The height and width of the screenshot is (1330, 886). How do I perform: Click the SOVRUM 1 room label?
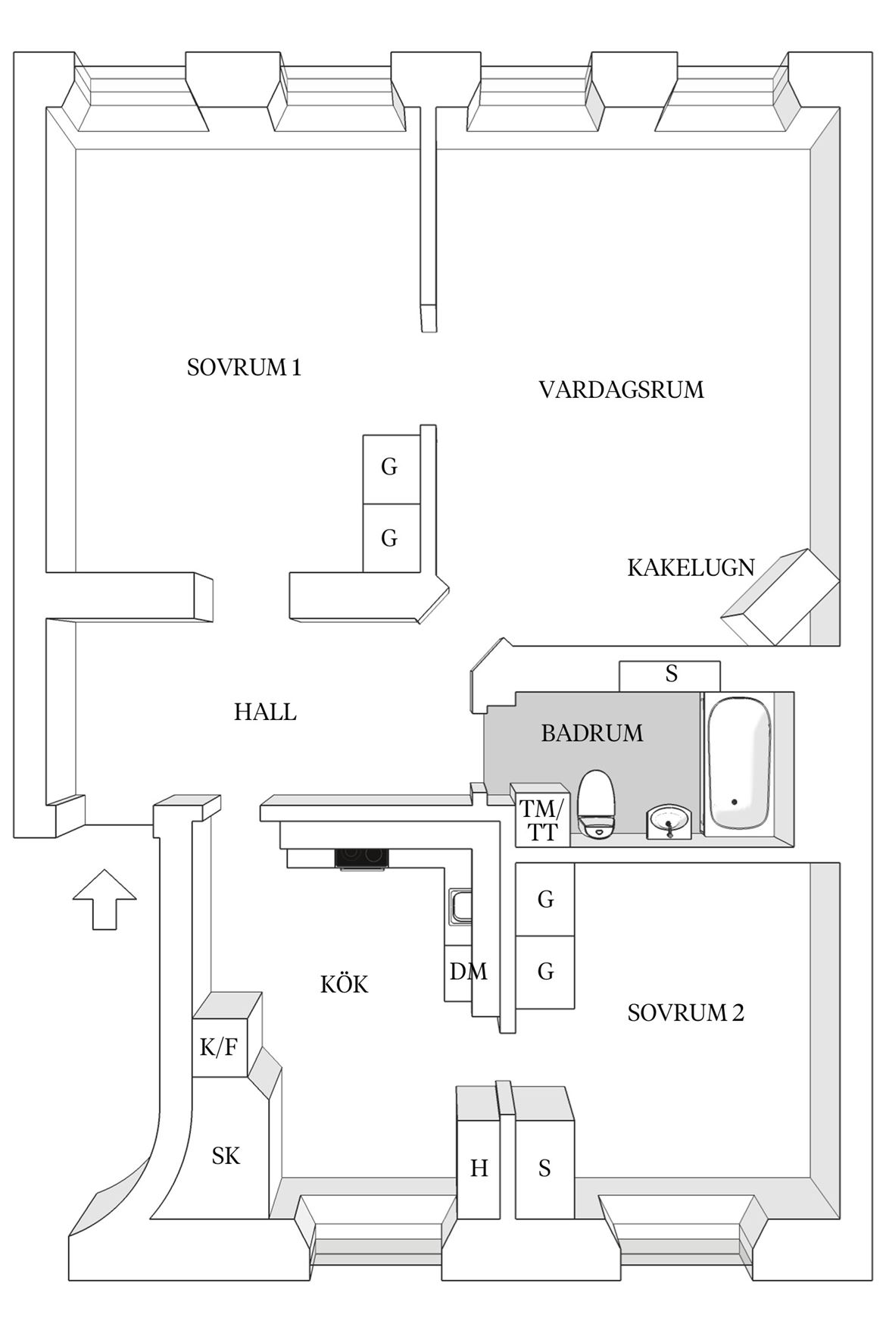(x=244, y=368)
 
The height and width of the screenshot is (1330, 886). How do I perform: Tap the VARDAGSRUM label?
(x=621, y=390)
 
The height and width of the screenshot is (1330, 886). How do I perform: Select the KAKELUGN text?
(x=691, y=567)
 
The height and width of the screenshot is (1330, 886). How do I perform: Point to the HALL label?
(x=265, y=712)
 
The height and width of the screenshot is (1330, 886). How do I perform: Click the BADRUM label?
(x=592, y=733)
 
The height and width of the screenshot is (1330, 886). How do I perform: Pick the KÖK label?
(x=344, y=984)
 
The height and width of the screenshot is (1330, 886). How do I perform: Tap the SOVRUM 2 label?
(x=685, y=1012)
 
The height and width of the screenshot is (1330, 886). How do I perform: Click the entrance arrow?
(x=105, y=899)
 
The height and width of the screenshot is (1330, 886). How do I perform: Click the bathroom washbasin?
(x=669, y=822)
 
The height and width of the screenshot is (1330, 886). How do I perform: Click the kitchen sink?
(x=460, y=907)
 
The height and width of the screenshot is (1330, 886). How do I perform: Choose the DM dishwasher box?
(x=466, y=972)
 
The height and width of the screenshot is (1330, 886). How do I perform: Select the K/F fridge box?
(x=220, y=1047)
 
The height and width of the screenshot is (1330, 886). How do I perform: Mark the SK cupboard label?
(x=226, y=1156)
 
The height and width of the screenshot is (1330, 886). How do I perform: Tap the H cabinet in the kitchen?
(x=479, y=1167)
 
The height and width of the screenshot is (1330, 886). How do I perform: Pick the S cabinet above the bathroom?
(x=670, y=675)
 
